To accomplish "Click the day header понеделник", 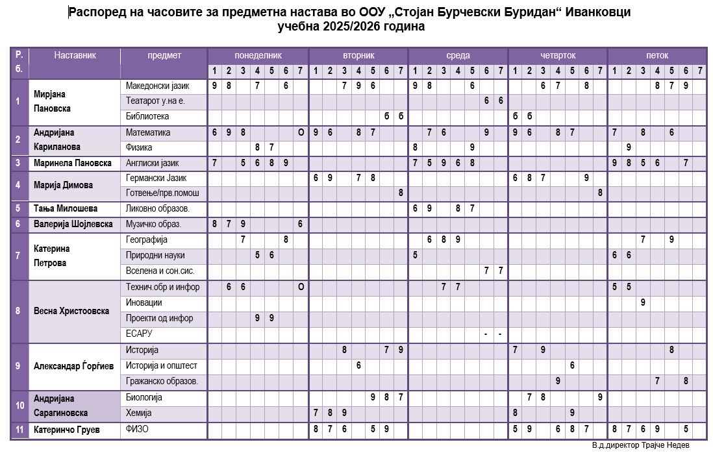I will (x=258, y=56).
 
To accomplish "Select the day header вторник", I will (x=358, y=56).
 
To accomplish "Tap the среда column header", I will (x=458, y=56).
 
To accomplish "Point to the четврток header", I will (x=558, y=56).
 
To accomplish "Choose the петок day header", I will (x=657, y=56).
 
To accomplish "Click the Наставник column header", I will (x=75, y=56).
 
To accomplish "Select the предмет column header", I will (x=164, y=56).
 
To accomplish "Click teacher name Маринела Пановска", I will (x=73, y=163).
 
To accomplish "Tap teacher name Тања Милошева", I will (x=66, y=208).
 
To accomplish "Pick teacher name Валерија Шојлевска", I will (x=73, y=224).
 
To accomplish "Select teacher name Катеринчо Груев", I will (x=66, y=429).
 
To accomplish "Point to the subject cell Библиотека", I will (x=147, y=117).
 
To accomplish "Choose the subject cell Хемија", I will (x=138, y=413).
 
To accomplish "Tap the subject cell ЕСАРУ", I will (x=138, y=334).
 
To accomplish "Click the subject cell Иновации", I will (x=144, y=302).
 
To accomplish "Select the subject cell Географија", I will (x=146, y=239).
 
